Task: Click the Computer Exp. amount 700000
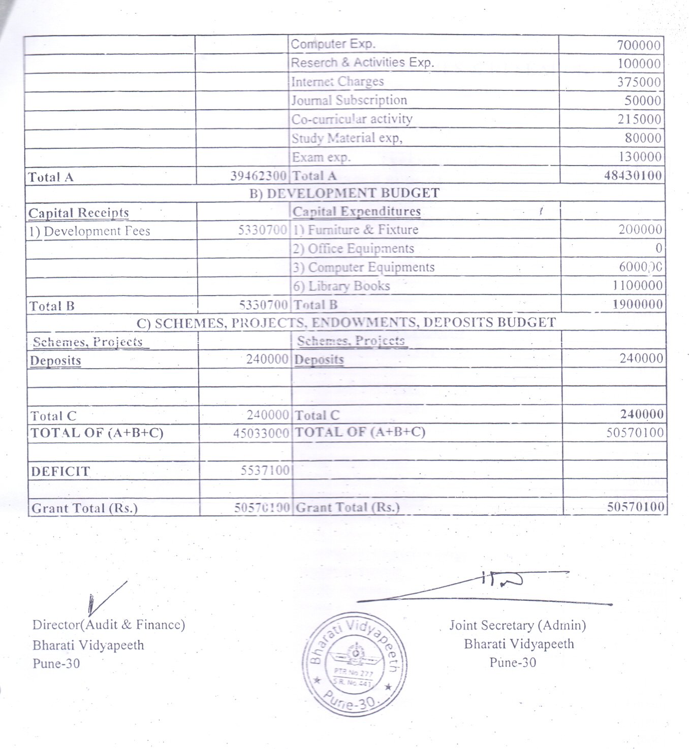tap(639, 45)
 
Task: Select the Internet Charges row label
tap(337, 82)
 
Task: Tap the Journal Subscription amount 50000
tap(643, 101)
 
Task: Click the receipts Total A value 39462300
tap(258, 176)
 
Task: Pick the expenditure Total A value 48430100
tap(633, 176)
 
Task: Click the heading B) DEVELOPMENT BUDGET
tap(344, 193)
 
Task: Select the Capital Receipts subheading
tap(79, 213)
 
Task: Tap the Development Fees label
tap(89, 232)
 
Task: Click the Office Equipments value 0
tap(659, 248)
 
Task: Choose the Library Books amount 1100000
tap(638, 286)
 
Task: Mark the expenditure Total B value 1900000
tap(638, 305)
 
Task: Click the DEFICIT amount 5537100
tap(265, 471)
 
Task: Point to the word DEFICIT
tap(60, 472)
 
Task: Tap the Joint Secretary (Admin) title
tap(517, 625)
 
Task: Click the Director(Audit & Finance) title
tap(109, 625)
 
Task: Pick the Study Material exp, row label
tap(347, 138)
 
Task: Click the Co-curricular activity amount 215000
tap(639, 119)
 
